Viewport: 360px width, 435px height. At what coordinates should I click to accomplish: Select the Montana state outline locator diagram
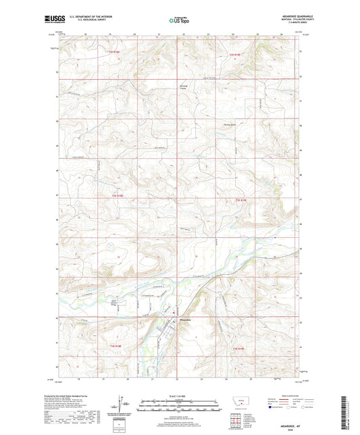click(242, 399)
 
